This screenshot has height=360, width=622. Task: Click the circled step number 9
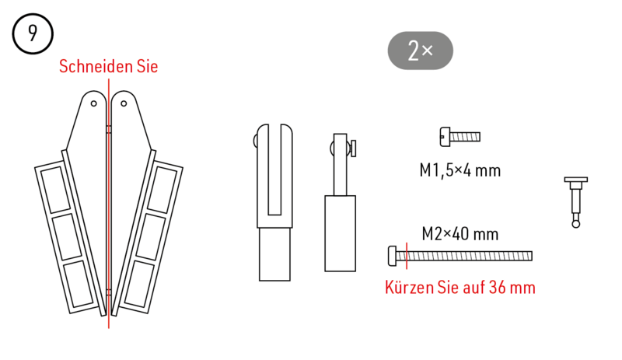32,34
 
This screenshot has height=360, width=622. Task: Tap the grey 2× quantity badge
420,51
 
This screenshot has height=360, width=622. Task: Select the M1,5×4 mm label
460,170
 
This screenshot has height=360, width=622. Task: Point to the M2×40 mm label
460,233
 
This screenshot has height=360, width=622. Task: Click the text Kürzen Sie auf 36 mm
460,288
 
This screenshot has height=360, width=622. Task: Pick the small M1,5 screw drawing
460,137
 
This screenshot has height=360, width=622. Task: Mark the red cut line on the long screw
407,255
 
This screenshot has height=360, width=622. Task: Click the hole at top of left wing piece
93,103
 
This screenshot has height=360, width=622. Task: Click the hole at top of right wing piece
124,103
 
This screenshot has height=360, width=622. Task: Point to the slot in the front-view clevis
277,171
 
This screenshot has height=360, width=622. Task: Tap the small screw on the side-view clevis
353,147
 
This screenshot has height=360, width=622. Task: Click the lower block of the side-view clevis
340,233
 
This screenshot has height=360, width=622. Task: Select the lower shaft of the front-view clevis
276,253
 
